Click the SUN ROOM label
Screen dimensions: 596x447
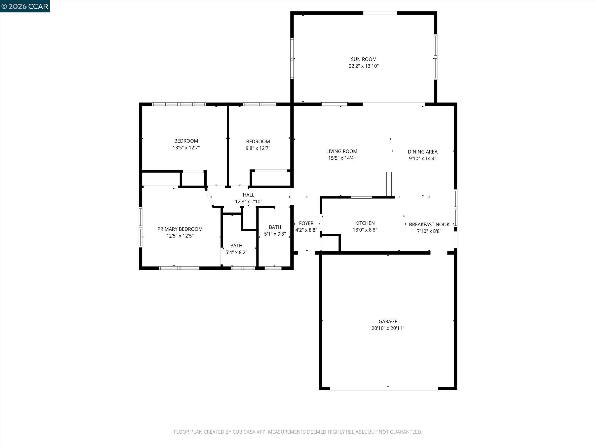[364, 59]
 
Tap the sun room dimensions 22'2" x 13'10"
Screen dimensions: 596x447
[364, 66]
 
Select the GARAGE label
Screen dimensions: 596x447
[388, 321]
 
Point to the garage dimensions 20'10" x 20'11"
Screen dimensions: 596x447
[388, 328]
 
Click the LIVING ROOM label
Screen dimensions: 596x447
[342, 151]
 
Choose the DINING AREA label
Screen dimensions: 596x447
[422, 152]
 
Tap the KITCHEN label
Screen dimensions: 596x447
[365, 223]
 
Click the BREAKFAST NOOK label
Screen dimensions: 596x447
[429, 224]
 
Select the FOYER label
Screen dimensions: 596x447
[306, 223]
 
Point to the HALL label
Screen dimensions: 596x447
[248, 195]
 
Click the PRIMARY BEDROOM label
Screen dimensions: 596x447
[180, 229]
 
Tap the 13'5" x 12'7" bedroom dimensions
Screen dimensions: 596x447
[186, 148]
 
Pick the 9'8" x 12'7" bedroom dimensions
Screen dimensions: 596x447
[258, 148]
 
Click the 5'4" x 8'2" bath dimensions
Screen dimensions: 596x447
[236, 253]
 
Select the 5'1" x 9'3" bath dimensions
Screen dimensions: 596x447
[275, 234]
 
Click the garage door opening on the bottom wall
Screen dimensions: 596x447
[384, 389]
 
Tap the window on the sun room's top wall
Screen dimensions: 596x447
[380, 13]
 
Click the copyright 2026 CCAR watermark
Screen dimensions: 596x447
[25, 6]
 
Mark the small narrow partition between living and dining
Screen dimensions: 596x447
[389, 184]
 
